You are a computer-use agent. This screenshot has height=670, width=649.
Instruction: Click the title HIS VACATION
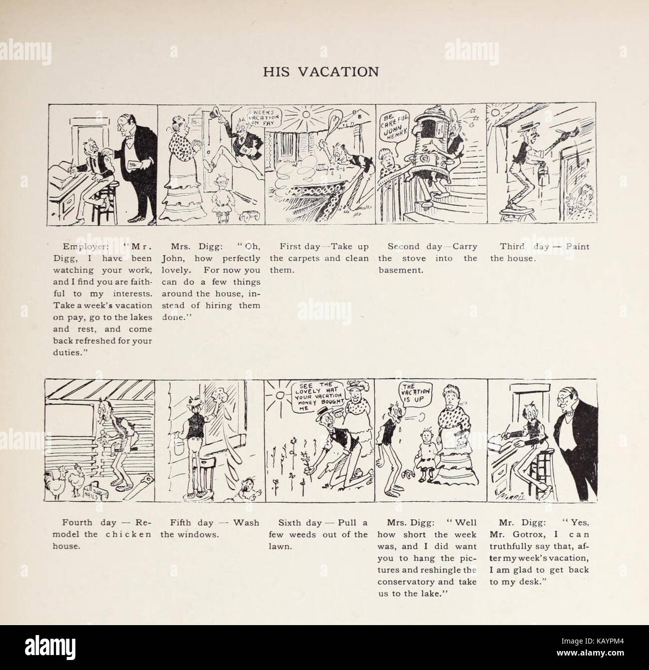321,71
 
